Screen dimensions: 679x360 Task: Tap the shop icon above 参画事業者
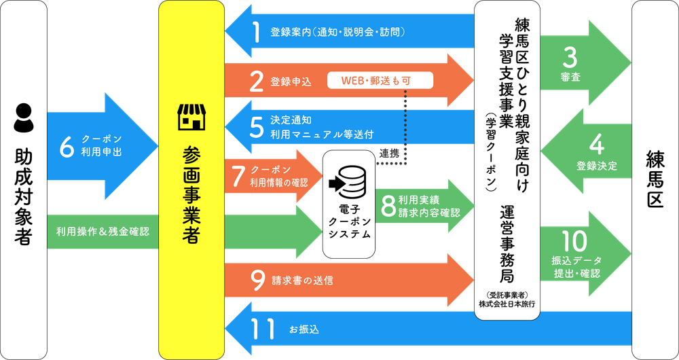coord(191,117)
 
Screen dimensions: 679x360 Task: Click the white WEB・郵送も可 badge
coord(380,81)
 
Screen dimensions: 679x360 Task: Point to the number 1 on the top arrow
coord(257,33)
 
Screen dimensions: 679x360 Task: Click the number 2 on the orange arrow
coord(257,81)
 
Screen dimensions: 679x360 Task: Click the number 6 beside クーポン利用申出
coord(68,147)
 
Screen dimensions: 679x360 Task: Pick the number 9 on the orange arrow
coord(258,281)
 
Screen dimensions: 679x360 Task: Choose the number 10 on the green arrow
coord(574,241)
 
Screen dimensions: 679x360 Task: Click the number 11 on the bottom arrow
coord(263,329)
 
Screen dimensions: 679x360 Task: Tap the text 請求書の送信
coord(302,281)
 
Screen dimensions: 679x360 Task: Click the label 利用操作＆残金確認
coord(103,232)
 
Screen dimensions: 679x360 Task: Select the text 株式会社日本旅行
coord(507,304)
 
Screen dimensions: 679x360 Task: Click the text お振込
coord(304,329)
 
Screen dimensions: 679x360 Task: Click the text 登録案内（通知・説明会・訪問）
coord(337,32)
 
